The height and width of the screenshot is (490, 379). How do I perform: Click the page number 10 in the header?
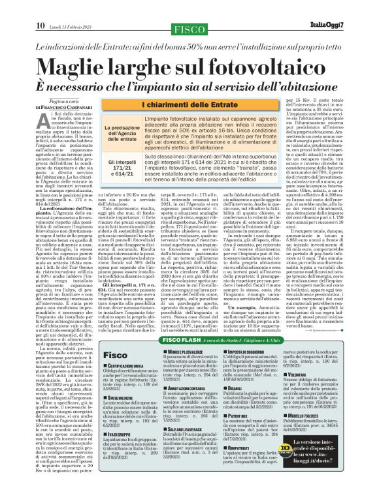22,7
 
